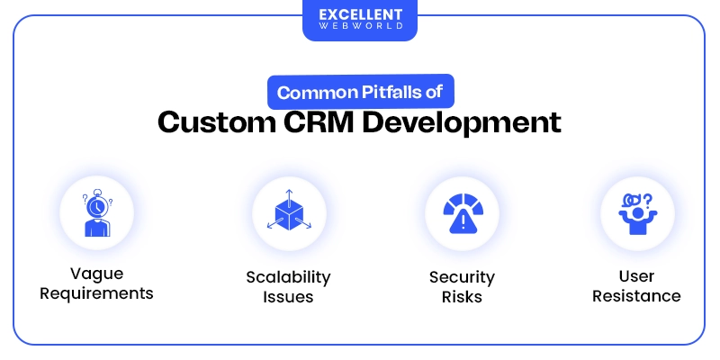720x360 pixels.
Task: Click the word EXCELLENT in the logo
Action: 359,13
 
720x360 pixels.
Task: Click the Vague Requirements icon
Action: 96,214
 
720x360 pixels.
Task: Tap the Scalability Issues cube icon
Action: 289,214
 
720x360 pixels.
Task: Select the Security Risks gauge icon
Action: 463,214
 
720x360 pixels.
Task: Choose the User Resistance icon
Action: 636,214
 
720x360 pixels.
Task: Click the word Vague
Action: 96,274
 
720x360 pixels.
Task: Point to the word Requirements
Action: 96,293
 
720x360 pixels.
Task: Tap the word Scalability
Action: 289,276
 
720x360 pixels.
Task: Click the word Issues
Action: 289,296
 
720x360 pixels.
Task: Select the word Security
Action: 463,276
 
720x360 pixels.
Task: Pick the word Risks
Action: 463,296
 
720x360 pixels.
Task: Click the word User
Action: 636,276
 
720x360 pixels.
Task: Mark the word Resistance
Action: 636,296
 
